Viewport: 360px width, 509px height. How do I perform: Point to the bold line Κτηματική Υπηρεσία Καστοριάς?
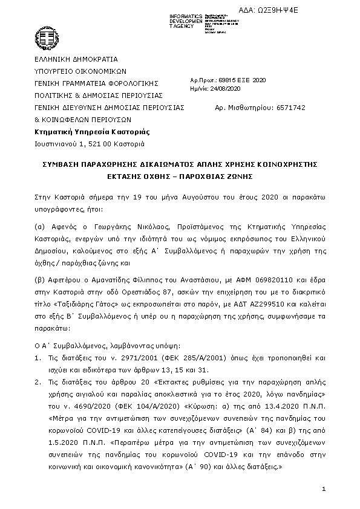point(93,132)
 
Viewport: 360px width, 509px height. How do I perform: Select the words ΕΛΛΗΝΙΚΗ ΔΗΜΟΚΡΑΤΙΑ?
point(76,59)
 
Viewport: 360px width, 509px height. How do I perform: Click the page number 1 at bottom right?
point(324,488)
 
